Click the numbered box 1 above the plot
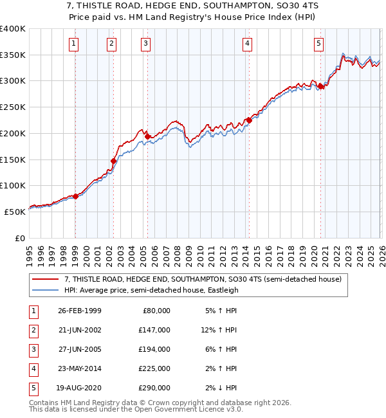[x=75, y=44]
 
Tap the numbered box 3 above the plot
[x=147, y=44]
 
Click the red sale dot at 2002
[x=113, y=161]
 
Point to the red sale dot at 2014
[x=249, y=120]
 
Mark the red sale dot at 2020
[x=320, y=86]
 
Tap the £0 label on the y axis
[x=19, y=238]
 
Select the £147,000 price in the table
[x=154, y=330]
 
